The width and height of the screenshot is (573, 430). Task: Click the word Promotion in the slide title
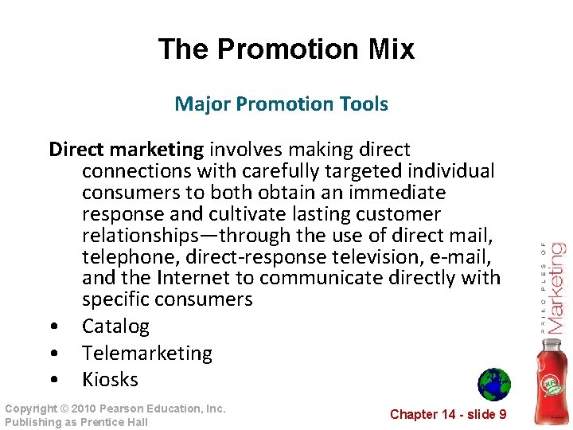[290, 49]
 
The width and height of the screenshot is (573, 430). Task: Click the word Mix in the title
[390, 49]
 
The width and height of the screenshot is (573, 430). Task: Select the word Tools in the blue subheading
[363, 104]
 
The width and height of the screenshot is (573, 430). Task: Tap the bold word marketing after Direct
[157, 150]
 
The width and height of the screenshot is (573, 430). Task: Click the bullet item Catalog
[115, 326]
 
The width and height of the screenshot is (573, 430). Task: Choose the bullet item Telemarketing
[147, 353]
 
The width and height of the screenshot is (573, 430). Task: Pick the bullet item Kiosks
[110, 379]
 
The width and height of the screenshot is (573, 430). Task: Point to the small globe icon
[493, 384]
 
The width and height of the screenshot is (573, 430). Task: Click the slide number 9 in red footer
[502, 414]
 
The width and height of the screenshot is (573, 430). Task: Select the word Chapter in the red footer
[414, 414]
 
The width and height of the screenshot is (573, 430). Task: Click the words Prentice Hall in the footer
[116, 422]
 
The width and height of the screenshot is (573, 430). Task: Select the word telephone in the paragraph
[121, 257]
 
